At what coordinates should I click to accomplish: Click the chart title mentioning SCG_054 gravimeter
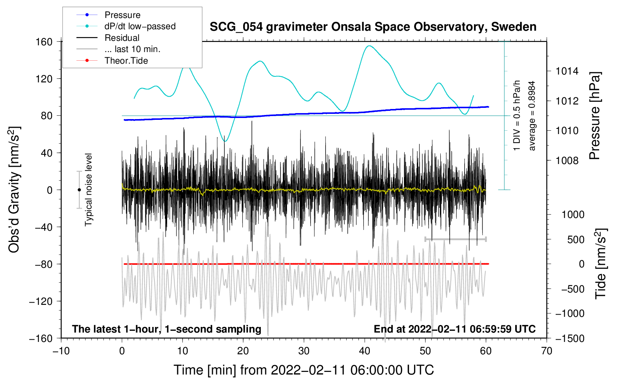[x=373, y=27]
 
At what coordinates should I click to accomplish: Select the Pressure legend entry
[x=122, y=15]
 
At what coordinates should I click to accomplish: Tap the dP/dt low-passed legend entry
[x=140, y=26]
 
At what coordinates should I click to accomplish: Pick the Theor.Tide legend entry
[x=126, y=61]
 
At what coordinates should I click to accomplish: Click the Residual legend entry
[x=122, y=38]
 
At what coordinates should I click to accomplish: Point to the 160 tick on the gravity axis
[x=44, y=42]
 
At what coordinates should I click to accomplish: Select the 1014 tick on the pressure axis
[x=567, y=71]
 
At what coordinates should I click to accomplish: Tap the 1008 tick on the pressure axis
[x=567, y=161]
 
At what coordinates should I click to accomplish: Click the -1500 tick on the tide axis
[x=570, y=338]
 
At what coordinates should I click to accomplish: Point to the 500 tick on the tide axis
[x=576, y=239]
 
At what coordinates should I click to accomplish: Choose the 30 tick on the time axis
[x=304, y=351]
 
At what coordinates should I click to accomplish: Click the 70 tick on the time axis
[x=547, y=351]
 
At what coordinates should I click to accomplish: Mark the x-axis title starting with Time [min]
[x=304, y=370]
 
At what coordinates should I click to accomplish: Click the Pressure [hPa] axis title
[x=595, y=116]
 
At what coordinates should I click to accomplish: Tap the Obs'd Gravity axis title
[x=14, y=190]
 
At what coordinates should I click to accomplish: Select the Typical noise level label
[x=88, y=190]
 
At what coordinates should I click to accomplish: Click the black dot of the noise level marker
[x=79, y=190]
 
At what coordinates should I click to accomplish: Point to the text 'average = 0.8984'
[x=532, y=116]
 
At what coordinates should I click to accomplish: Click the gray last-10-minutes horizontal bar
[x=455, y=239]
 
